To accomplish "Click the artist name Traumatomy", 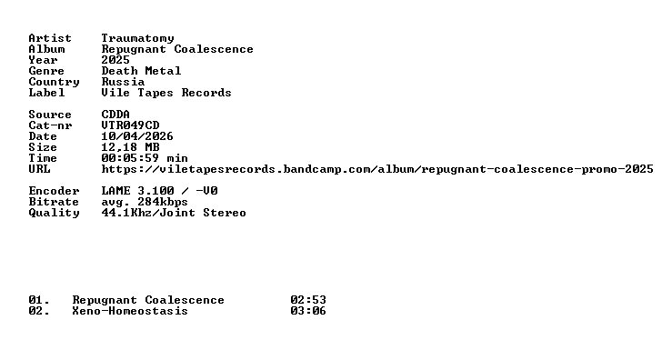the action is pyautogui.click(x=137, y=38).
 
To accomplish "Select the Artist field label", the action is pyautogui.click(x=50, y=38).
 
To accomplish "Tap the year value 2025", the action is pyautogui.click(x=115, y=60).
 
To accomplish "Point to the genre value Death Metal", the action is pyautogui.click(x=141, y=71).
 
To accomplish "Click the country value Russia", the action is pyautogui.click(x=123, y=82).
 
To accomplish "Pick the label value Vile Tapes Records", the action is pyautogui.click(x=166, y=93).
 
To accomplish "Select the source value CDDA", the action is pyautogui.click(x=115, y=115).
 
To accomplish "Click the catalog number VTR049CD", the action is pyautogui.click(x=130, y=125).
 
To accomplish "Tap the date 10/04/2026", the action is pyautogui.click(x=137, y=136).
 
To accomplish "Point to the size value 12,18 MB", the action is pyautogui.click(x=130, y=147).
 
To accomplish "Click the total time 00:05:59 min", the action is pyautogui.click(x=145, y=158).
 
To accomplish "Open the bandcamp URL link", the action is pyautogui.click(x=377, y=169).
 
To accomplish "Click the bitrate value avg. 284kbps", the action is pyautogui.click(x=145, y=202).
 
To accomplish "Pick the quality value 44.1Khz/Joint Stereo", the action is pyautogui.click(x=174, y=213).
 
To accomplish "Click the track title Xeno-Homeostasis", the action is pyautogui.click(x=130, y=311).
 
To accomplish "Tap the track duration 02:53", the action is pyautogui.click(x=308, y=300).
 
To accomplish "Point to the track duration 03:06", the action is pyautogui.click(x=308, y=311).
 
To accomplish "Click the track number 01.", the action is pyautogui.click(x=39, y=300).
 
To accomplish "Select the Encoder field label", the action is pyautogui.click(x=54, y=191).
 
